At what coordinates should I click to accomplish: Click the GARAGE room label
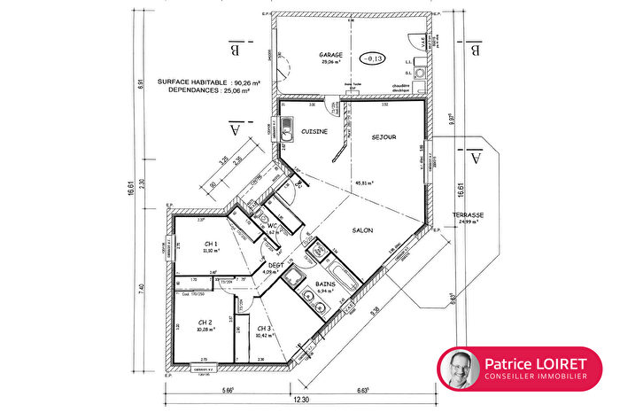[331, 55]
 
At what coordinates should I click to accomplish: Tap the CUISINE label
[314, 131]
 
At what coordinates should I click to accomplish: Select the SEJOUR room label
[383, 137]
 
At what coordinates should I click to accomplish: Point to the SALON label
[360, 230]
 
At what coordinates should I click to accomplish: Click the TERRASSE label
[468, 215]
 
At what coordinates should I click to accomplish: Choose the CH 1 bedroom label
[211, 244]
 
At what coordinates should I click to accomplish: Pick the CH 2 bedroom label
[204, 323]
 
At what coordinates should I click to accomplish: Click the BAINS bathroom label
[326, 284]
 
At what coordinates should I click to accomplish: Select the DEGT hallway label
[275, 265]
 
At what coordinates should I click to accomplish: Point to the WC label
[273, 227]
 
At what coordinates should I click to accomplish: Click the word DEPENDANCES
[188, 90]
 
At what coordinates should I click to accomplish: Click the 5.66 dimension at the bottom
[228, 388]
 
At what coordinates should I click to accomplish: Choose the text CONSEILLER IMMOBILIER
[535, 377]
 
